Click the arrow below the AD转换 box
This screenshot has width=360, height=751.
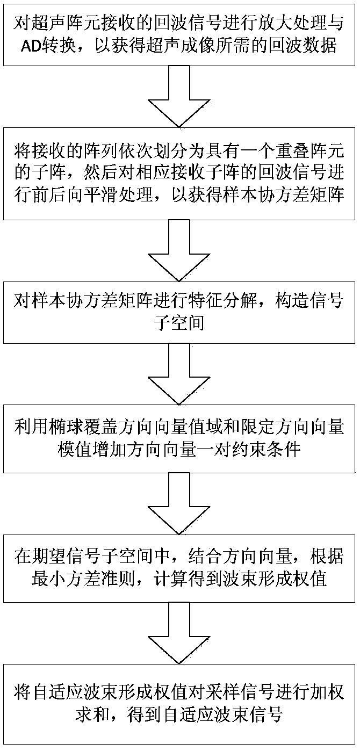[x=179, y=96]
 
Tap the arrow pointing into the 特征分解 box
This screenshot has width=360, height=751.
[x=179, y=251]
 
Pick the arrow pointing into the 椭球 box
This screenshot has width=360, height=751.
[x=179, y=374]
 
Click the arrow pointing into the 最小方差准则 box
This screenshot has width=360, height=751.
[x=179, y=503]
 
